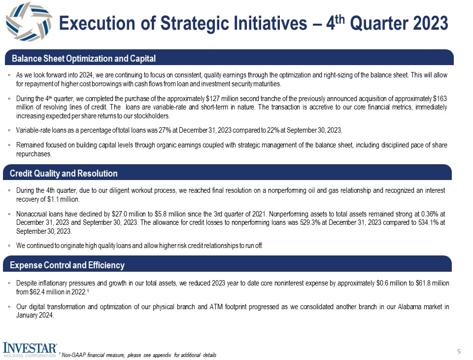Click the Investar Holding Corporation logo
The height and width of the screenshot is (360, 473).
pos(30,349)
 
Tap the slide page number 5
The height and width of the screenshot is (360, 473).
pos(458,352)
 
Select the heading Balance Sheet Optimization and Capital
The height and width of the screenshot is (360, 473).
pos(84,59)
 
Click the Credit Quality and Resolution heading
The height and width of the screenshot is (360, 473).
pos(65,174)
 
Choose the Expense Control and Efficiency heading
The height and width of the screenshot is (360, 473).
pos(68,265)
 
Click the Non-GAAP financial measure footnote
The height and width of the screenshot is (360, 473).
pos(138,355)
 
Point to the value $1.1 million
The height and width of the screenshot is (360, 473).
pos(65,200)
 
